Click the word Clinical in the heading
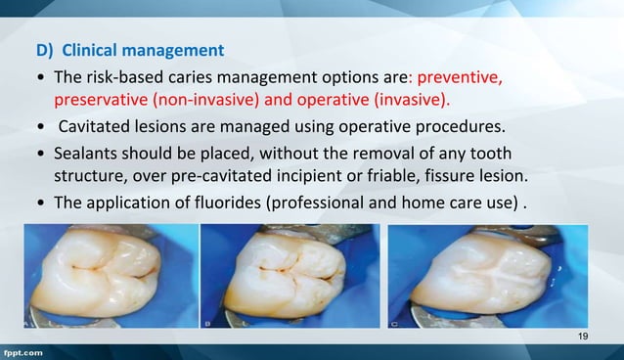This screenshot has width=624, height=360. click(97, 49)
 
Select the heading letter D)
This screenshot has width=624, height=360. click(47, 49)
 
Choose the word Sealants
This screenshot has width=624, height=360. click(87, 156)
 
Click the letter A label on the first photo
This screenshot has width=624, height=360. click(29, 323)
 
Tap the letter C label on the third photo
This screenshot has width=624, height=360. click(393, 323)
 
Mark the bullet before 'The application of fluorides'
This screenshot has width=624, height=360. click(38, 206)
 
